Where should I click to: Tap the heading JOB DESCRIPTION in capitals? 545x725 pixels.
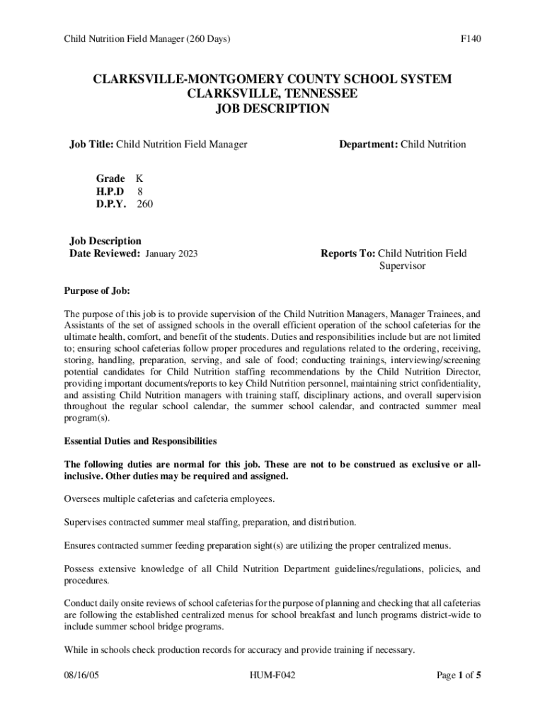click(x=272, y=109)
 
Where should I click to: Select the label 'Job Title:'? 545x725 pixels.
click(x=91, y=144)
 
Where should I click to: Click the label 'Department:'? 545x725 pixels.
click(x=368, y=144)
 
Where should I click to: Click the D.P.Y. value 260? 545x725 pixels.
click(x=144, y=204)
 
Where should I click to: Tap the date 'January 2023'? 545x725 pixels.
click(x=171, y=253)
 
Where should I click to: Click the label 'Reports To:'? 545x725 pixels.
click(x=348, y=253)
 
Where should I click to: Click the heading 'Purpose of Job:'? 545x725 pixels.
click(x=97, y=291)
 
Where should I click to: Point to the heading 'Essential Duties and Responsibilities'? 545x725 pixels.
click(x=140, y=441)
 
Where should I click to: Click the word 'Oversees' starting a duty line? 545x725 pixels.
click(x=84, y=499)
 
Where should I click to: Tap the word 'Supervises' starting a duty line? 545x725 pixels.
click(x=87, y=523)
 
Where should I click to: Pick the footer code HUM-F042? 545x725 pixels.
click(x=272, y=675)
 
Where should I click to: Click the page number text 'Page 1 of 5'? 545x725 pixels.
click(x=459, y=675)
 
